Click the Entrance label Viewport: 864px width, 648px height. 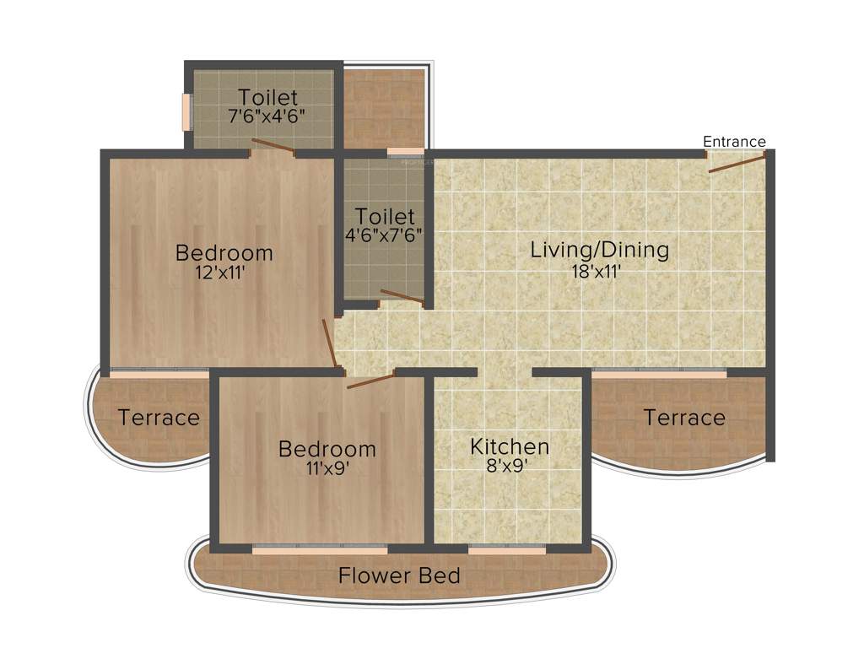click(734, 142)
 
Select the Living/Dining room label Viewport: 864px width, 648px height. click(599, 250)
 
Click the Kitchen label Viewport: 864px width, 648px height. click(510, 445)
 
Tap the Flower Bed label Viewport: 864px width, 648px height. click(399, 576)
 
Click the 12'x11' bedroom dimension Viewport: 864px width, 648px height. click(224, 273)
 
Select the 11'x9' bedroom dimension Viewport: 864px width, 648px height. click(327, 468)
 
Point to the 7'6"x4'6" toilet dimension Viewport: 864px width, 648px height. click(267, 116)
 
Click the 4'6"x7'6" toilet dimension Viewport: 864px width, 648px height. click(385, 235)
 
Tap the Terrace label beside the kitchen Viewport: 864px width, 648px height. click(684, 417)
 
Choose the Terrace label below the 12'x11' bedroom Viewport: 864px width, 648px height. click(159, 417)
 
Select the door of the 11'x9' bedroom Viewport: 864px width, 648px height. click(370, 381)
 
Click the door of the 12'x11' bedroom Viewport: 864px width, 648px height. click(330, 344)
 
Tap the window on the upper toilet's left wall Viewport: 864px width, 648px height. click(186, 111)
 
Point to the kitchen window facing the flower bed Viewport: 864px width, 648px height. click(506, 548)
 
